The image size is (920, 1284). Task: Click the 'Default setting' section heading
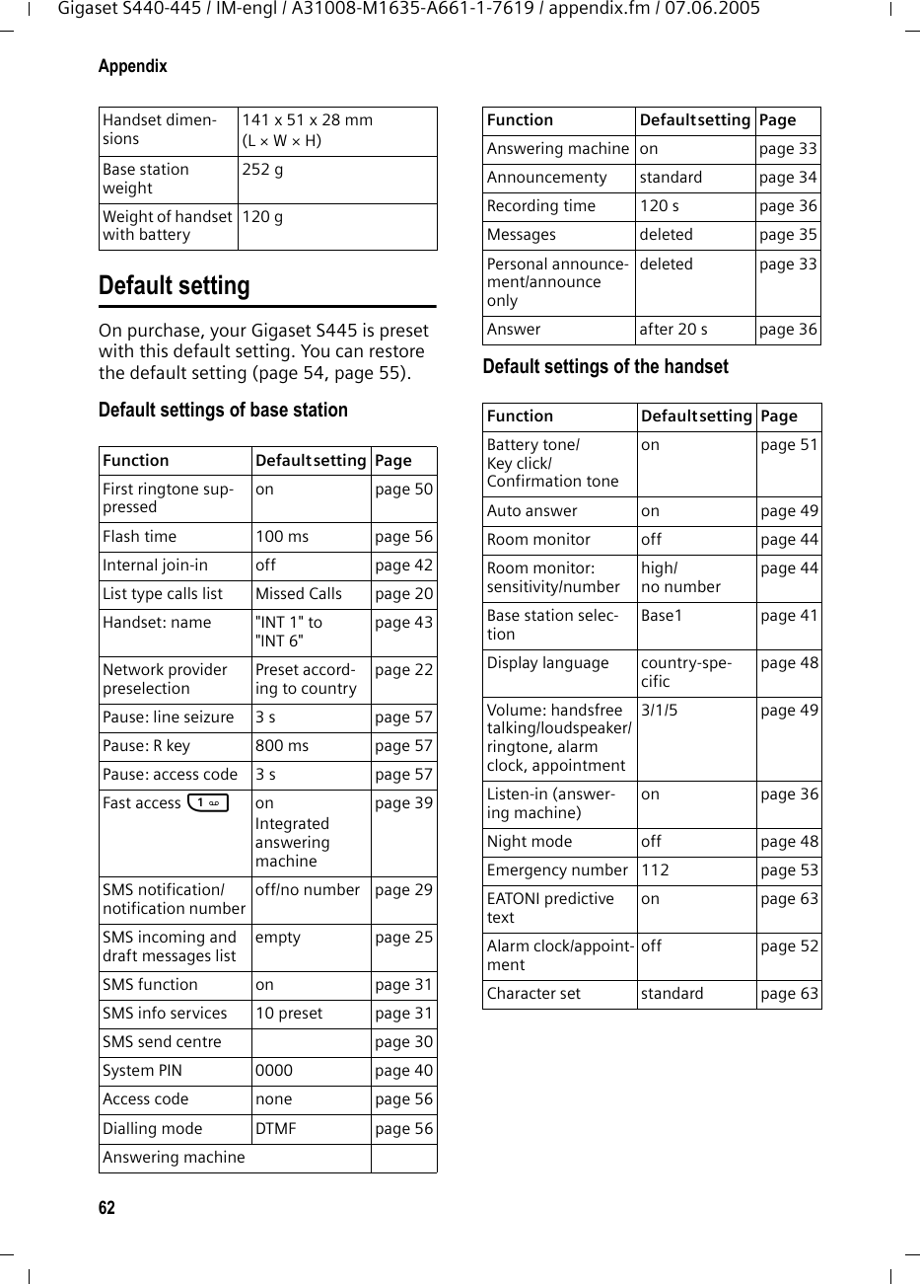175,286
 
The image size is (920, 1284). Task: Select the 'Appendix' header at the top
133,66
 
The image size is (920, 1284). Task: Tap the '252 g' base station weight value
262,169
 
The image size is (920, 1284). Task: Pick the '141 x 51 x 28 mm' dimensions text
308,120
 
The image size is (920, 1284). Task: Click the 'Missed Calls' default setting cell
298,594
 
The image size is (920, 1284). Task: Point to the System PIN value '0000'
273,1071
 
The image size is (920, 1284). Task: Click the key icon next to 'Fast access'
207,803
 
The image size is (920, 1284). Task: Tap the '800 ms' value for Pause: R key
282,746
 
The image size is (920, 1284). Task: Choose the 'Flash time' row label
140,537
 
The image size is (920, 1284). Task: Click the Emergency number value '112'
655,870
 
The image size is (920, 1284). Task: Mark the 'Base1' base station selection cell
663,616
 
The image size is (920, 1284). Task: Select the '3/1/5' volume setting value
661,711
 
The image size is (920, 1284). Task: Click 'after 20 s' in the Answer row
673,330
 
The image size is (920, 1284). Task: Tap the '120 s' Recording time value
660,206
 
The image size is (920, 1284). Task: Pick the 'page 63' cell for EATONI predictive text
789,899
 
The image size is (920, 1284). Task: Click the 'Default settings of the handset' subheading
605,367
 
